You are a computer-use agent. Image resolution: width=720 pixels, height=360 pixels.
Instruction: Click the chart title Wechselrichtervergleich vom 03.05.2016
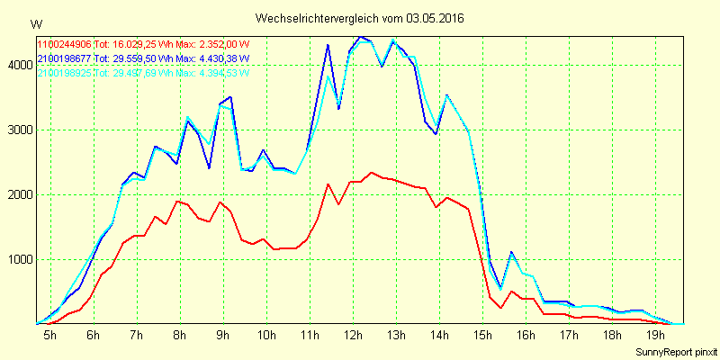pyautogui.click(x=360, y=18)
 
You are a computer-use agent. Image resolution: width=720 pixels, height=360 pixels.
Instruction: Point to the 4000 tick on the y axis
pyautogui.click(x=18, y=65)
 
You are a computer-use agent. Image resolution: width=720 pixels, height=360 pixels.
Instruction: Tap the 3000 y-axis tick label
pyautogui.click(x=18, y=130)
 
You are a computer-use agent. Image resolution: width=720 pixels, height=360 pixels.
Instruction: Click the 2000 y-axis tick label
pyautogui.click(x=18, y=194)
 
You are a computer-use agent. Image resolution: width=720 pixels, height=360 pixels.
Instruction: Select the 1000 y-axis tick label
pyautogui.click(x=18, y=259)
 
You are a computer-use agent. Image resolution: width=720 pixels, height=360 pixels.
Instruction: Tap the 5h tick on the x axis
pyautogui.click(x=49, y=336)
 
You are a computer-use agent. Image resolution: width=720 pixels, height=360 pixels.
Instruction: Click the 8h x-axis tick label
pyautogui.click(x=179, y=336)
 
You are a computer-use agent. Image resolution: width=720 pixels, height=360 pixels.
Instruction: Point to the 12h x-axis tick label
pyautogui.click(x=353, y=336)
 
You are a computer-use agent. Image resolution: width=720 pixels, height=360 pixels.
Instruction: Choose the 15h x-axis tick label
pyautogui.click(x=482, y=336)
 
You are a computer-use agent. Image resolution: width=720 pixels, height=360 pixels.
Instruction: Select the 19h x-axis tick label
pyautogui.click(x=655, y=336)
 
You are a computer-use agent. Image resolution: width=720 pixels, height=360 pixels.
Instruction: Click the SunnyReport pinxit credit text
pyautogui.click(x=676, y=351)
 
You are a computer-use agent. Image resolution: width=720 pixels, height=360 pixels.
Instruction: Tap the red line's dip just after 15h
pyautogui.click(x=500, y=308)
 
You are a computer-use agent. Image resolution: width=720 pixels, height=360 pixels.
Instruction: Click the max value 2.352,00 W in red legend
pyautogui.click(x=220, y=44)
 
